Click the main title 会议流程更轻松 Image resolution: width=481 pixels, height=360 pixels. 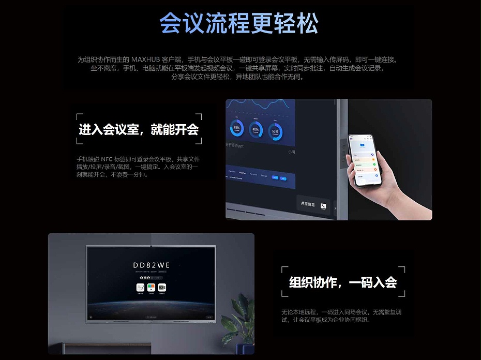point(239,23)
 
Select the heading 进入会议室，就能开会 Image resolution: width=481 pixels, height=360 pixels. point(139,129)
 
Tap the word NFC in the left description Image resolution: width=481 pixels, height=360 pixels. point(106,159)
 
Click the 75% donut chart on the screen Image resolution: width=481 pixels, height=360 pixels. point(237,128)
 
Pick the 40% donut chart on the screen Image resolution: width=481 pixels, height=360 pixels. point(255,130)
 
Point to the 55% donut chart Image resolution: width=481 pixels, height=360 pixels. point(275,131)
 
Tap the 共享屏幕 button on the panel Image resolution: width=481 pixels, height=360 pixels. point(313,205)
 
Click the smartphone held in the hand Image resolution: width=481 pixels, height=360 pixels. point(365,161)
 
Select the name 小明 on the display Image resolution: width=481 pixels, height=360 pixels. point(292,152)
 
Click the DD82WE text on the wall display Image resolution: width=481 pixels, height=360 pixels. point(152,265)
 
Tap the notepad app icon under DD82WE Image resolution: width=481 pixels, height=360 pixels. point(140,287)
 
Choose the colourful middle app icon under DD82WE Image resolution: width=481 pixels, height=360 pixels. point(151,287)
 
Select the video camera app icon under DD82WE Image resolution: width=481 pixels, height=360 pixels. point(161,287)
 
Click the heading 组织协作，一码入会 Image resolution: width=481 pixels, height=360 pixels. point(343,282)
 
